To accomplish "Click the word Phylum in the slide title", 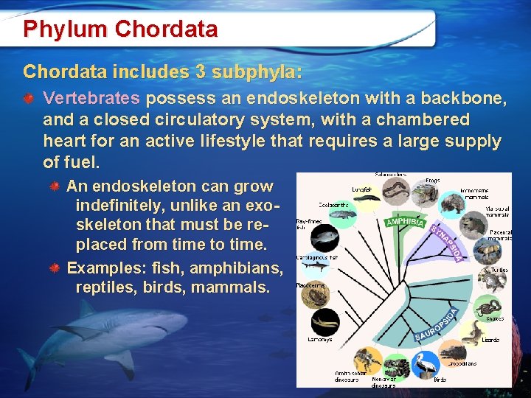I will pyautogui.click(x=65, y=29).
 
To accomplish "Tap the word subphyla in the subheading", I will pyautogui.click(x=257, y=71).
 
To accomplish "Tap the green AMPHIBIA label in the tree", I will pyautogui.click(x=405, y=220).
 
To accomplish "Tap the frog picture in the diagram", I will pyautogui.click(x=423, y=194).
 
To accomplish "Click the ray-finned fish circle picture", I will pyautogui.click(x=324, y=238).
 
